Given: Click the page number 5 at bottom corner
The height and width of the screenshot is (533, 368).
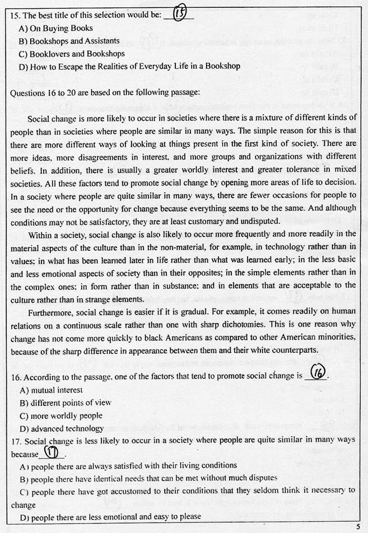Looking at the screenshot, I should coord(357,526).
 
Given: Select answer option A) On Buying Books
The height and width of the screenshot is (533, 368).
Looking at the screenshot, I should coord(56,28).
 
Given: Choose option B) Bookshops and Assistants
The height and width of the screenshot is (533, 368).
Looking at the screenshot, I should coord(69,41).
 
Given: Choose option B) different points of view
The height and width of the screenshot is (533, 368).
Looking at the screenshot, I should coord(65,403).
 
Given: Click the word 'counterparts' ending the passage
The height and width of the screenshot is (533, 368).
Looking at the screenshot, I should coord(291,350).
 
